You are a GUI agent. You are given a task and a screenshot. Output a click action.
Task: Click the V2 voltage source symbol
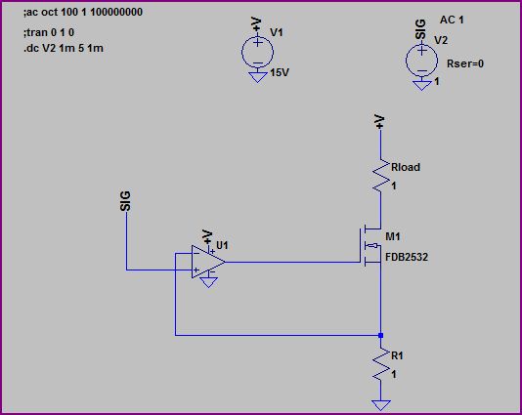(421, 61)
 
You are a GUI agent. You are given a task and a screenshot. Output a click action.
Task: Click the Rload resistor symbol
(380, 175)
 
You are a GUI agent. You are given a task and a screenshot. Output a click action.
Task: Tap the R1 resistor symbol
(380, 365)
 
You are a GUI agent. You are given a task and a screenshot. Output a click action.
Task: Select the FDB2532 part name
(408, 258)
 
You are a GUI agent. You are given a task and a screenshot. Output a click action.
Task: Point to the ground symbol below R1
(380, 403)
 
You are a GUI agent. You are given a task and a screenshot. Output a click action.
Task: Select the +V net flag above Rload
(380, 120)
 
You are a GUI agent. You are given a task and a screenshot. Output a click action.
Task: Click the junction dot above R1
(380, 335)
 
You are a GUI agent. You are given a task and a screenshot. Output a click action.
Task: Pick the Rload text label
(405, 167)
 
